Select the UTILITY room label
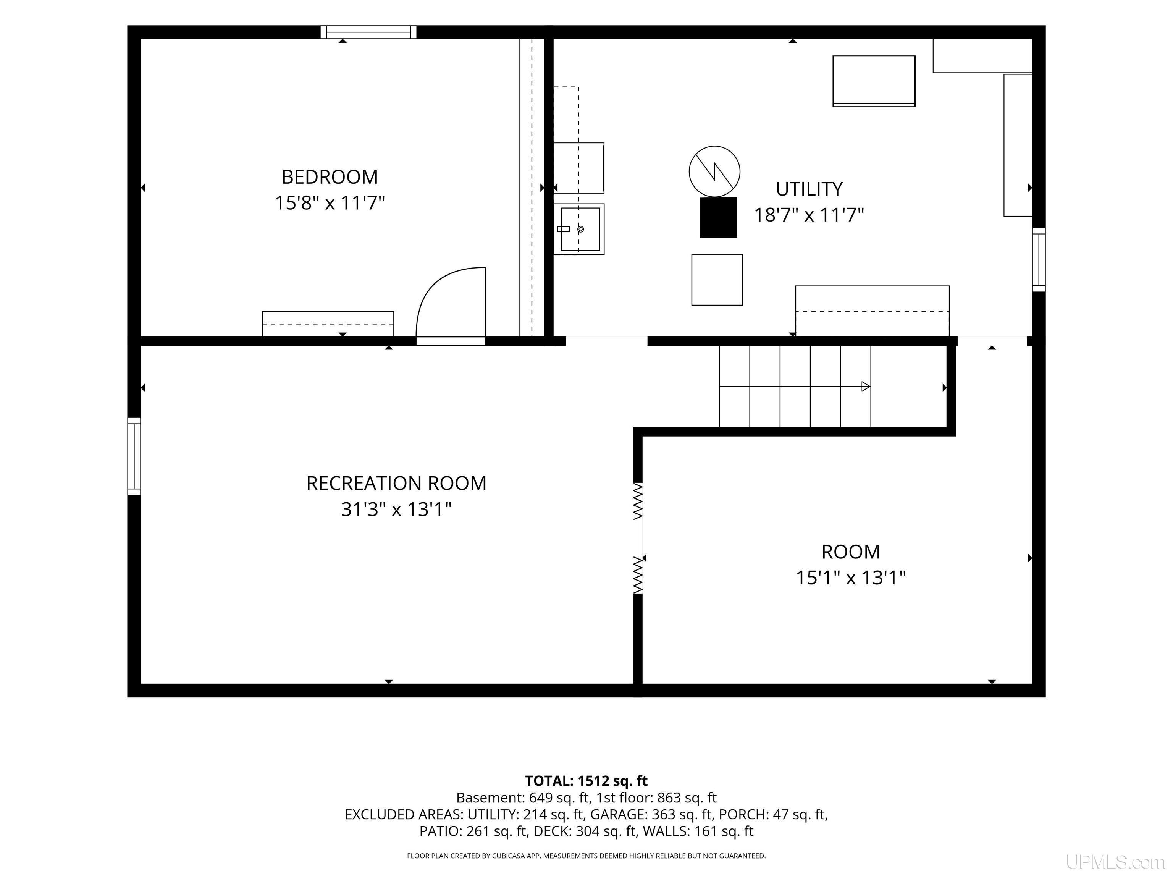(x=809, y=189)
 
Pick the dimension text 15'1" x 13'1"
(x=851, y=577)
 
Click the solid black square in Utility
(x=719, y=217)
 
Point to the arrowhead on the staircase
(x=866, y=386)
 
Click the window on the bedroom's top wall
(x=368, y=32)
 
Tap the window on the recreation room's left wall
(x=134, y=456)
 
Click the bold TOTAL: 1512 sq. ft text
(x=586, y=781)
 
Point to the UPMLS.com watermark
(x=1115, y=862)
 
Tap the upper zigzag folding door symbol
(x=638, y=501)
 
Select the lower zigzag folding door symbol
(x=638, y=575)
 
